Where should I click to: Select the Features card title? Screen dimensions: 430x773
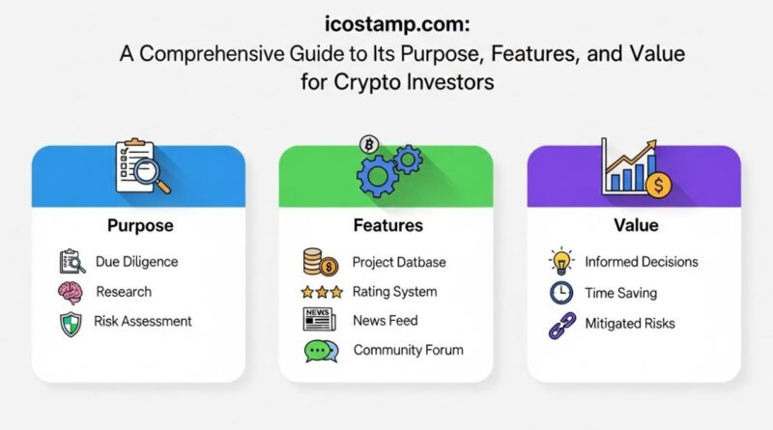pyautogui.click(x=386, y=225)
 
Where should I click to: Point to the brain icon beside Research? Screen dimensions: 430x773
pyautogui.click(x=72, y=292)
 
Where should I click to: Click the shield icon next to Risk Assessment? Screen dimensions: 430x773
pyautogui.click(x=72, y=323)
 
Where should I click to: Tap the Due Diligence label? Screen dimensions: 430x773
pyautogui.click(x=136, y=261)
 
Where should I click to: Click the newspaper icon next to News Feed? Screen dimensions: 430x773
pyautogui.click(x=318, y=320)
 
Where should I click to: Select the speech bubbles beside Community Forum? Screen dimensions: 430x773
pyautogui.click(x=321, y=352)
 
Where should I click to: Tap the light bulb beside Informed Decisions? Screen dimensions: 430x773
pyautogui.click(x=561, y=262)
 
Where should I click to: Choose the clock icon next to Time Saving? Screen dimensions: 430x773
pyautogui.click(x=561, y=293)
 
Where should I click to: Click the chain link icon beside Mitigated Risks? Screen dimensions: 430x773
pyautogui.click(x=561, y=325)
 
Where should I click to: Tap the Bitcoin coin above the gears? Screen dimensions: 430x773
pyautogui.click(x=368, y=144)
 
